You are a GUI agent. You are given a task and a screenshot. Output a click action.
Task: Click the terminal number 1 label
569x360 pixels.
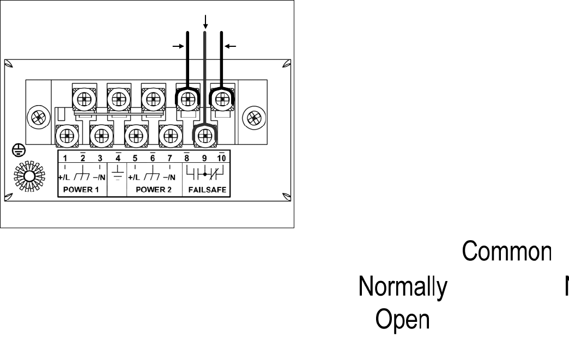(x=64, y=158)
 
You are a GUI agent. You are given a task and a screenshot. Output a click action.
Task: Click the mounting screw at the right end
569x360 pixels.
(x=254, y=117)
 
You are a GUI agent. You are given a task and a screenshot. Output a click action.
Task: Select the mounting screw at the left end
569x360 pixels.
(x=38, y=117)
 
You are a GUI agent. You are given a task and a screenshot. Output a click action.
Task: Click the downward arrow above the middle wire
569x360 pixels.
(x=205, y=21)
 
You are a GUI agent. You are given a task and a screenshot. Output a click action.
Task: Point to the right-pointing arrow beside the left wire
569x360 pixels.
(x=178, y=47)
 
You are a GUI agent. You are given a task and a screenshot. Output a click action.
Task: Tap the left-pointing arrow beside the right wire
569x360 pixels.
(x=231, y=47)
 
